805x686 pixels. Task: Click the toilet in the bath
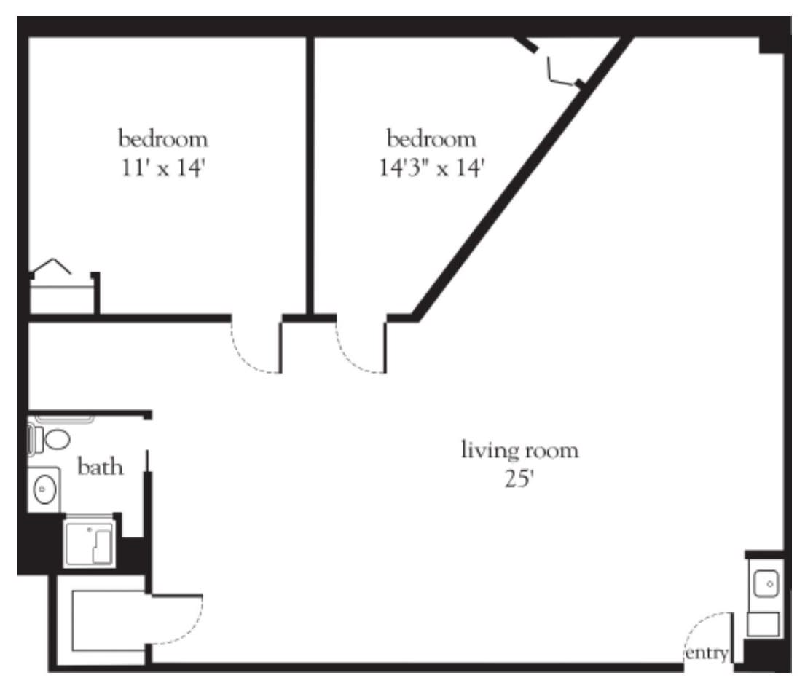pyautogui.click(x=49, y=440)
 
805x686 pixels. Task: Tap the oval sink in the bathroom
pyautogui.click(x=44, y=489)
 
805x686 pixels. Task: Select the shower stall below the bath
pyautogui.click(x=90, y=543)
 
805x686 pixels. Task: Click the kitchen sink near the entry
pyautogui.click(x=766, y=584)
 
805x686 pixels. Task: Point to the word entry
pyautogui.click(x=707, y=654)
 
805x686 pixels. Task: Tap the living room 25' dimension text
pyautogui.click(x=519, y=479)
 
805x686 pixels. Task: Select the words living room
pyautogui.click(x=519, y=451)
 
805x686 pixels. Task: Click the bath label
pyautogui.click(x=100, y=467)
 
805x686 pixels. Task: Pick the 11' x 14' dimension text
pyautogui.click(x=163, y=167)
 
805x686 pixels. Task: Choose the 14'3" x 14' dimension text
pyautogui.click(x=432, y=167)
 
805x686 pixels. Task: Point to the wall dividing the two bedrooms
pyautogui.click(x=310, y=176)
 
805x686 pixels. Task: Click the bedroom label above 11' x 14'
pyautogui.click(x=163, y=139)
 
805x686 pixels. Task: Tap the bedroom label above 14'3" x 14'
pyautogui.click(x=432, y=139)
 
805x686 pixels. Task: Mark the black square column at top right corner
pyautogui.click(x=772, y=44)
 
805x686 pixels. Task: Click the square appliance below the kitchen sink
pyautogui.click(x=763, y=624)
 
